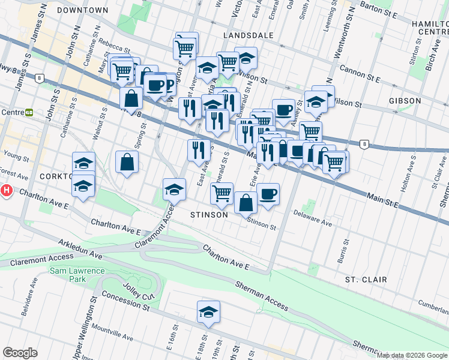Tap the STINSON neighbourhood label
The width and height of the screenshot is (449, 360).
209,215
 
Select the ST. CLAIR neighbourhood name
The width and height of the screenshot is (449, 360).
366,280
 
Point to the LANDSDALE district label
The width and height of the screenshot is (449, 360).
248,35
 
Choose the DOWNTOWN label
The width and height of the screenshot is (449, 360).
83,10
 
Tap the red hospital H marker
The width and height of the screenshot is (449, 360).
6,191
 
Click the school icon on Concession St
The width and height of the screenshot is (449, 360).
208,312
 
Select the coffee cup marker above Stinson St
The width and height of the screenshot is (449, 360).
268,194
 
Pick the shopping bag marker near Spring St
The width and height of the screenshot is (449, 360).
127,161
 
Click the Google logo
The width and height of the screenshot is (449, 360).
20,353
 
